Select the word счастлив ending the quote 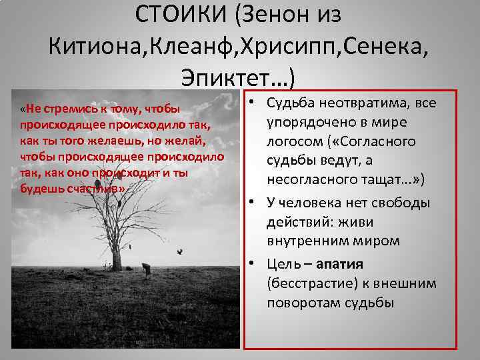pos(101,189)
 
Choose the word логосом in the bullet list pos(297,141)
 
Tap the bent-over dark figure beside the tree pos(146,268)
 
